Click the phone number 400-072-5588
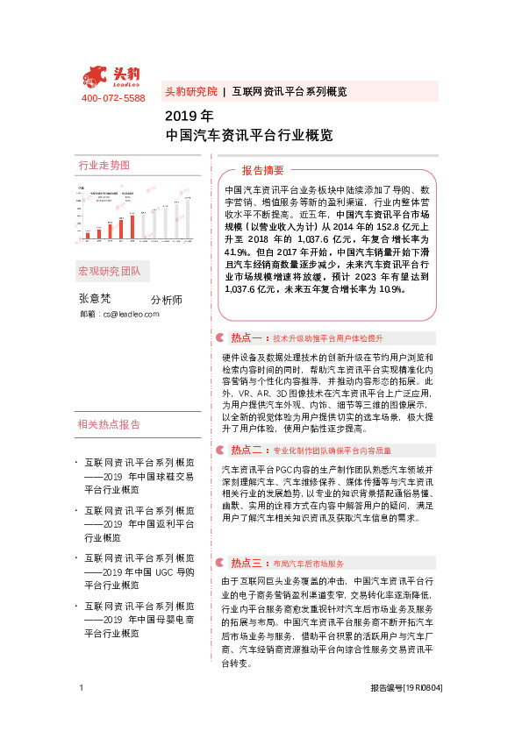coord(113,98)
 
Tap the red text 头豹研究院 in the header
coord(190,91)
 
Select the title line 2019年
coord(189,116)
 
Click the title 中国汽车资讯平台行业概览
coord(249,136)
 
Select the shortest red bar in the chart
coord(87,235)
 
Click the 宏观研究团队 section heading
coord(110,270)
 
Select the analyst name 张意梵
coord(96,298)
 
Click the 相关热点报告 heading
coord(110,425)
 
